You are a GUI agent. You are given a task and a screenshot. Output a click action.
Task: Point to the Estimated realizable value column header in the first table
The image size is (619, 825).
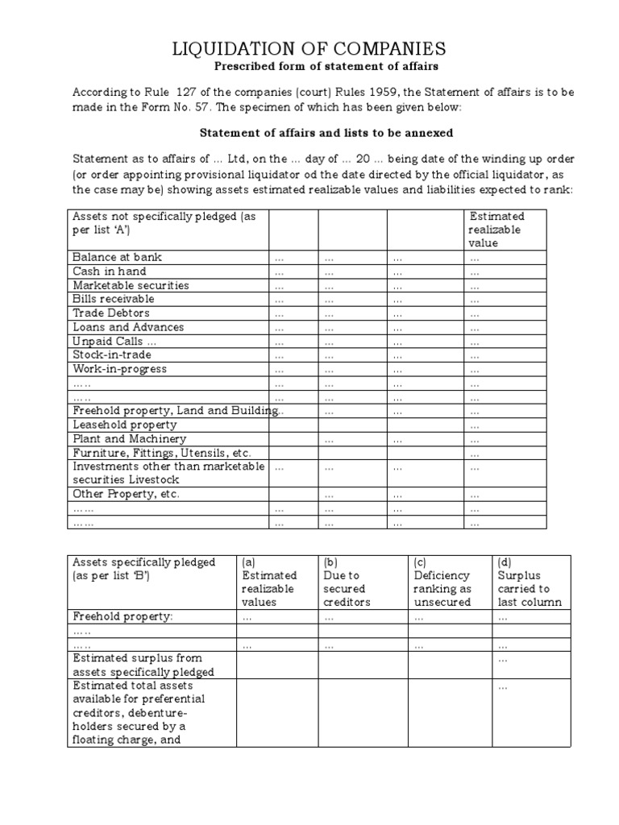coord(496,230)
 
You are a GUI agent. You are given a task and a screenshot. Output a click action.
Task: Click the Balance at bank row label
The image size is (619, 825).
coord(117,257)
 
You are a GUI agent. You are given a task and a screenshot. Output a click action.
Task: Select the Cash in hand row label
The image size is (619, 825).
coord(110,272)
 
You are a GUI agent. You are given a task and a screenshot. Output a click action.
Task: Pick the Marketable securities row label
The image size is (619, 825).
coord(131,285)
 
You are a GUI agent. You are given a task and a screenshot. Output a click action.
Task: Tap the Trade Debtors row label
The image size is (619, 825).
coord(111,313)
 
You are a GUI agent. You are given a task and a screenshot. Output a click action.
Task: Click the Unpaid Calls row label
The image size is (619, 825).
coord(110,341)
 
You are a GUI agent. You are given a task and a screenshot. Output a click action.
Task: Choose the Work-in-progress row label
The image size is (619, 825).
coord(119,369)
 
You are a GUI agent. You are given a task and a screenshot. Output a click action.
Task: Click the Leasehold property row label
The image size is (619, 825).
coord(124,425)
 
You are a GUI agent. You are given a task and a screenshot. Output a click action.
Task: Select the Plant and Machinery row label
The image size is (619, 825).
coord(129,439)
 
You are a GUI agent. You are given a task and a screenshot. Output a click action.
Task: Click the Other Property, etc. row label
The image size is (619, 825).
coord(126,494)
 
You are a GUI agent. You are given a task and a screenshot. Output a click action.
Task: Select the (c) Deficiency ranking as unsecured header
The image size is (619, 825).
coord(442,582)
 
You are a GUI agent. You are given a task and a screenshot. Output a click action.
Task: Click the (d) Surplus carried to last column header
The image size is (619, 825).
coord(530,582)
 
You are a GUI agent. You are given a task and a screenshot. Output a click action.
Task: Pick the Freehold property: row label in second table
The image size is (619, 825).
coord(123,616)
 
